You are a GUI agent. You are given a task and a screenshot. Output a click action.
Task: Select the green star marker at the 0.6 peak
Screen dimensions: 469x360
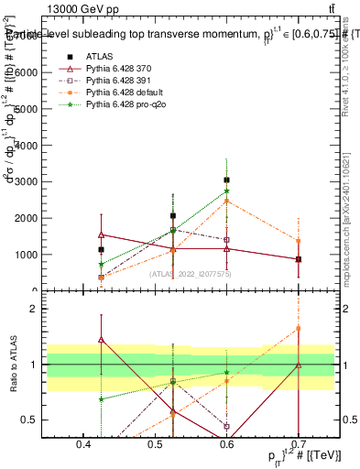click(227, 191)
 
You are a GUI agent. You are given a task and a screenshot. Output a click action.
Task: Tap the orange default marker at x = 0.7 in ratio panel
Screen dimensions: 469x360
click(299, 328)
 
